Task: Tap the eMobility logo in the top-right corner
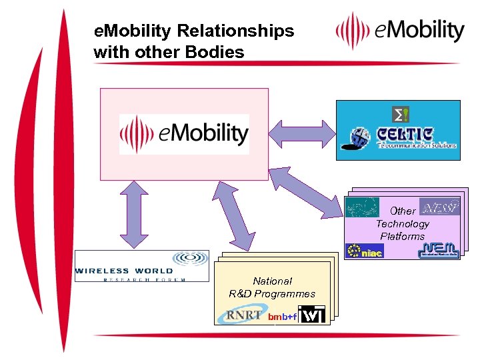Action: point(400,31)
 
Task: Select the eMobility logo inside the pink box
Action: point(185,134)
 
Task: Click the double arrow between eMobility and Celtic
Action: point(302,134)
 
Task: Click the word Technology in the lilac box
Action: point(402,224)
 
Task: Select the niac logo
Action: point(364,251)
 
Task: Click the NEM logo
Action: point(438,250)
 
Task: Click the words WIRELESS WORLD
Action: point(124,271)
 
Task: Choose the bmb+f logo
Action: point(282,317)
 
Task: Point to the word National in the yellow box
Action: point(272,281)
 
